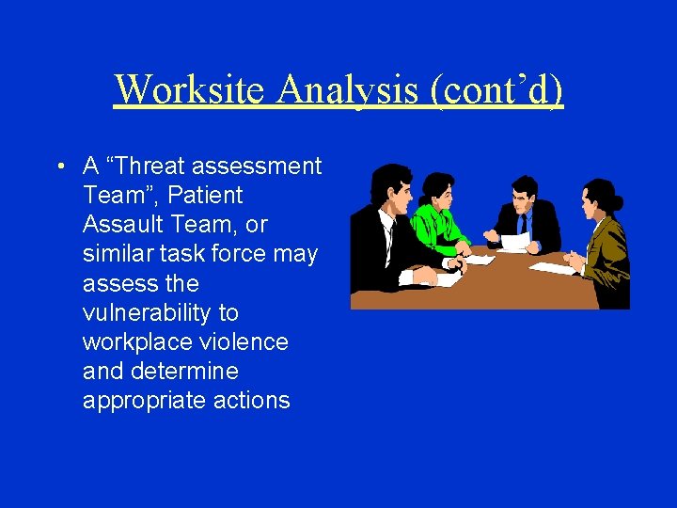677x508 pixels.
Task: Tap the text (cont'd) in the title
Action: pyautogui.click(x=497, y=89)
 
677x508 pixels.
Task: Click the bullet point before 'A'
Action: pyautogui.click(x=59, y=167)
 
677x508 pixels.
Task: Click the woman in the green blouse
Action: pyautogui.click(x=437, y=216)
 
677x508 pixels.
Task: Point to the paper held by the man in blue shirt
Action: pyautogui.click(x=515, y=242)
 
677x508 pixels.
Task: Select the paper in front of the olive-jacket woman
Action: pyautogui.click(x=552, y=268)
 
